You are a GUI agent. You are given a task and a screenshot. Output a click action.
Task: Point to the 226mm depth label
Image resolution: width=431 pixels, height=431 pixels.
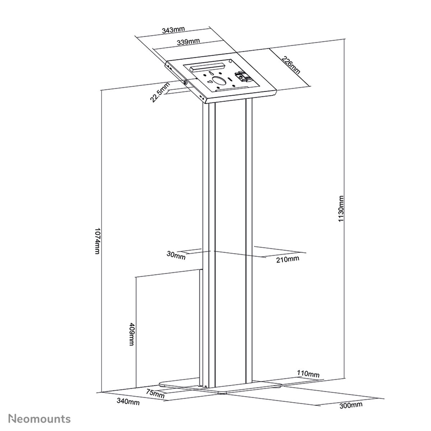(291, 65)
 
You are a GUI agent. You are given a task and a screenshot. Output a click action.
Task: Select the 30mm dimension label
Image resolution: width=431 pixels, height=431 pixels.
(176, 255)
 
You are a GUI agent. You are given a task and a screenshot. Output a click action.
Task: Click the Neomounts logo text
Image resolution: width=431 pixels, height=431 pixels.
(40, 418)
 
